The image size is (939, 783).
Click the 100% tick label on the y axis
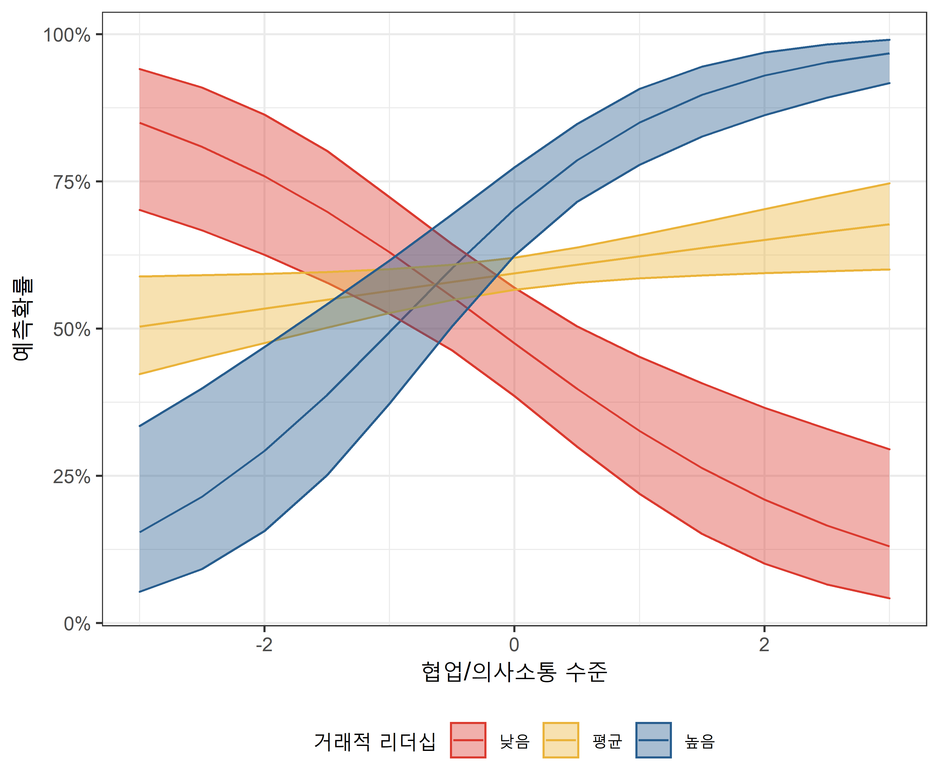(67, 35)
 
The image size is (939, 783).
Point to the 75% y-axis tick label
(71, 182)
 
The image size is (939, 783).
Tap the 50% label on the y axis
(71, 329)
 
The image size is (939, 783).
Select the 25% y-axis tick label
(71, 477)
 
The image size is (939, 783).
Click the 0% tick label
(77, 624)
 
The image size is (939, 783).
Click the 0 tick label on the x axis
(514, 645)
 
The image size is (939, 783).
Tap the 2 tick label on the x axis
(764, 645)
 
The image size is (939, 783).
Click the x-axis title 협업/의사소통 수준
(514, 672)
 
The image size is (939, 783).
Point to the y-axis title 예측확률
(22, 319)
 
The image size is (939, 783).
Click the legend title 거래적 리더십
(375, 742)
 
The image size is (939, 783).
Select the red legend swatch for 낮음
(468, 740)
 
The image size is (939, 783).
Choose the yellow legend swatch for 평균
(561, 740)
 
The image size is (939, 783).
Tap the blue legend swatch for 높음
(653, 740)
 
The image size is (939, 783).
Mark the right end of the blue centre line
(889, 54)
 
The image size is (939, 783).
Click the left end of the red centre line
(140, 123)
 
